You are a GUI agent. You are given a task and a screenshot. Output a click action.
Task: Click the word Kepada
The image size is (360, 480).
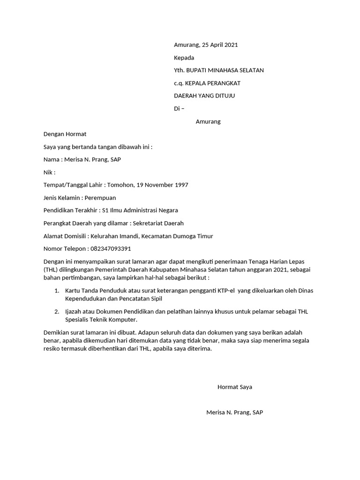pyautogui.click(x=184, y=58)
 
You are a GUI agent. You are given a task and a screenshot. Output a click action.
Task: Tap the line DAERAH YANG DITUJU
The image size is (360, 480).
pyautogui.click(x=204, y=96)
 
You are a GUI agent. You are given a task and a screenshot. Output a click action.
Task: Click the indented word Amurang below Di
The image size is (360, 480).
pyautogui.click(x=208, y=121)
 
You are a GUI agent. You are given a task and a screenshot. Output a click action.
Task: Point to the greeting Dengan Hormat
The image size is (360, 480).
pyautogui.click(x=65, y=134)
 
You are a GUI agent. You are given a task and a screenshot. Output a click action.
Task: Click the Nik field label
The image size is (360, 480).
pyautogui.click(x=49, y=172)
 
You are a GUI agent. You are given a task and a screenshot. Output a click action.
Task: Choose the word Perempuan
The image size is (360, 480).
pyautogui.click(x=100, y=198)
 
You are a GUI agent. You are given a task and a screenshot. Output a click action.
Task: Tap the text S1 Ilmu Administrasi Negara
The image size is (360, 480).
pyautogui.click(x=140, y=210)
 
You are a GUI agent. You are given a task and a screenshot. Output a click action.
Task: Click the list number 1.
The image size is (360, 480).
pyautogui.click(x=57, y=291)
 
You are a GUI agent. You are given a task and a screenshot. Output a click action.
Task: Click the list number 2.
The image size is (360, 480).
pyautogui.click(x=57, y=312)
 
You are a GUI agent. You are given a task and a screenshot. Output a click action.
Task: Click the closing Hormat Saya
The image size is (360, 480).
pyautogui.click(x=234, y=387)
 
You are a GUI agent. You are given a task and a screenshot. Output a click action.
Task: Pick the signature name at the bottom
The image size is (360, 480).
pyautogui.click(x=234, y=412)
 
